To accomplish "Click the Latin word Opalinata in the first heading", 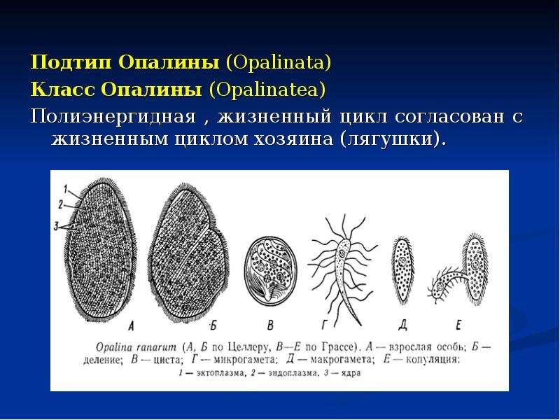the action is tap(278, 62).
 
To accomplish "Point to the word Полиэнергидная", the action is tap(113, 117).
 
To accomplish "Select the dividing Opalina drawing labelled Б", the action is tap(188, 253).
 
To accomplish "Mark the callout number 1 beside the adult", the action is tap(66, 188).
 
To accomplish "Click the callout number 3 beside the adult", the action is tap(56, 226).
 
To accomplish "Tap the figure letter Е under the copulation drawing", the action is tap(458, 325).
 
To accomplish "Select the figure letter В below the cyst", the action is tap(271, 325).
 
